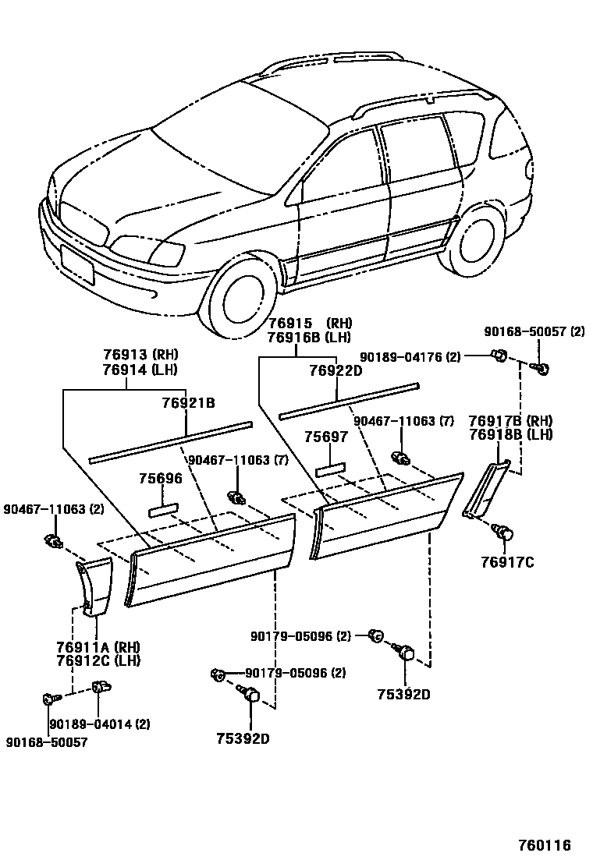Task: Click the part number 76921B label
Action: pos(188,403)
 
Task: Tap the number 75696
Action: pos(161,479)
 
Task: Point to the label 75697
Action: pos(326,437)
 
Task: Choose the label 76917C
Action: pos(507,562)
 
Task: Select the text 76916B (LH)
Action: pos(308,338)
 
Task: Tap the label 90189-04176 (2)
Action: pos(410,357)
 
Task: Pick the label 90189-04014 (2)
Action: pos(100,724)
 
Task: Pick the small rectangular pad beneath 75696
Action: pos(163,509)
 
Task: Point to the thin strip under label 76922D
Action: pos(350,399)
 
